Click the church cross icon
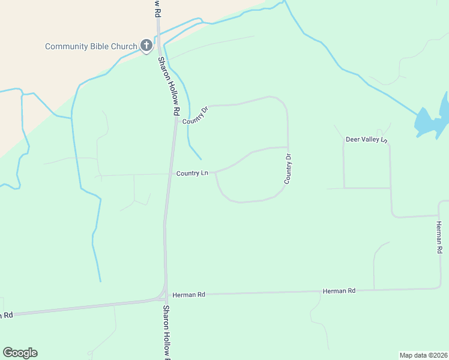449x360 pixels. tap(146, 45)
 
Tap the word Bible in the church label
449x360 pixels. tap(98, 46)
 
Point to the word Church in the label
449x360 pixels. tap(124, 46)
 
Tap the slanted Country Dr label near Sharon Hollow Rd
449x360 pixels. tap(195, 115)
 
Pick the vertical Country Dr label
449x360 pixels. tap(288, 169)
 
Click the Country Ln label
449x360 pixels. tap(192, 173)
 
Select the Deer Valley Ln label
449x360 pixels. tap(367, 140)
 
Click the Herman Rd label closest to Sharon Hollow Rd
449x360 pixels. tap(188, 295)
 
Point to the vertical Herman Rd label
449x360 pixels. tap(439, 236)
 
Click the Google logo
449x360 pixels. tap(20, 353)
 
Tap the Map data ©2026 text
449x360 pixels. tap(423, 355)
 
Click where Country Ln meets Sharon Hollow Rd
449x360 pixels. tap(169, 174)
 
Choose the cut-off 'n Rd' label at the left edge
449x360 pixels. tap(6, 316)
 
